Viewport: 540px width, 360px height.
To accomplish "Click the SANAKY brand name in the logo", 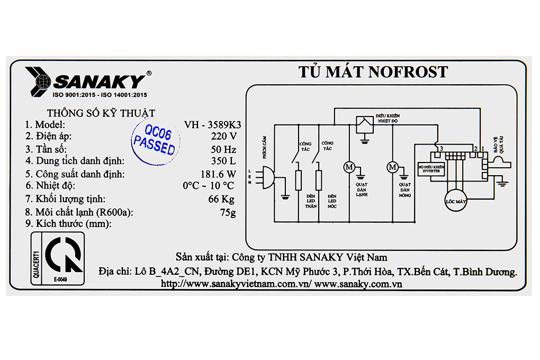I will (x=100, y=82).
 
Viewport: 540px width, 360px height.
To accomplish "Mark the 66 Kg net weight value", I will (x=221, y=199).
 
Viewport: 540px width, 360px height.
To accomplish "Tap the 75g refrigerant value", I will (x=227, y=212).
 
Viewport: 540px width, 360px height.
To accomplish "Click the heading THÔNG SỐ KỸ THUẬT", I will (x=101, y=113).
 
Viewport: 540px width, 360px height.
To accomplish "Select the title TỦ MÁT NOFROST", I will (x=373, y=72).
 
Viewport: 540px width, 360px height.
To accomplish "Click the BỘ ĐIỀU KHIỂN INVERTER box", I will (x=431, y=169).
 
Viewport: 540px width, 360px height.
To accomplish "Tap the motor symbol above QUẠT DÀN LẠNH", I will (x=349, y=167).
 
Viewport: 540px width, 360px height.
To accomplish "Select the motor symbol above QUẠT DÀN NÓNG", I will (x=393, y=167).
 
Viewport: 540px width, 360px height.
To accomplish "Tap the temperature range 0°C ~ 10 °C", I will (x=208, y=186).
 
